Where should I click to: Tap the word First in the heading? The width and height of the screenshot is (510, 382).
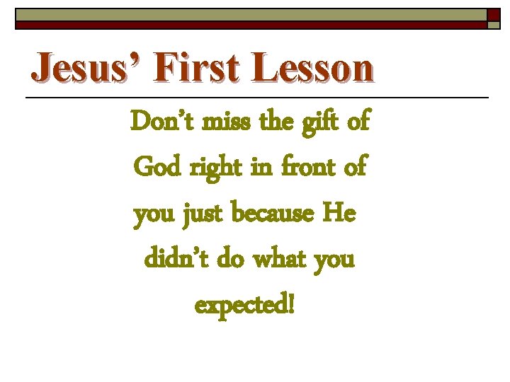(187, 69)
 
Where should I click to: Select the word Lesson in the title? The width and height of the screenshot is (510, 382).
(312, 69)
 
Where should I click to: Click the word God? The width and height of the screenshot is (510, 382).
(158, 168)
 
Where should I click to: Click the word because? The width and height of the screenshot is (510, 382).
(274, 214)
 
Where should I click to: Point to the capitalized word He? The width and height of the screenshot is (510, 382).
(339, 213)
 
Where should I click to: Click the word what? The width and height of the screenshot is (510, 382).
(274, 260)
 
